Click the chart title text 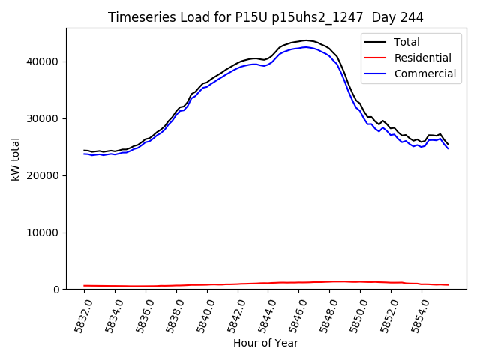pyautogui.click(x=265, y=17)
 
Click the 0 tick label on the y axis pyautogui.click(x=56, y=289)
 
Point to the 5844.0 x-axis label pyautogui.click(x=267, y=315)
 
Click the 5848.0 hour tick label pyautogui.click(x=330, y=315)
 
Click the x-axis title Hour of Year pyautogui.click(x=265, y=343)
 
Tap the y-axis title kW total pyautogui.click(x=15, y=159)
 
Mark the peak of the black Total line pyautogui.click(x=305, y=40)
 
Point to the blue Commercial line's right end pyautogui.click(x=448, y=148)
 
